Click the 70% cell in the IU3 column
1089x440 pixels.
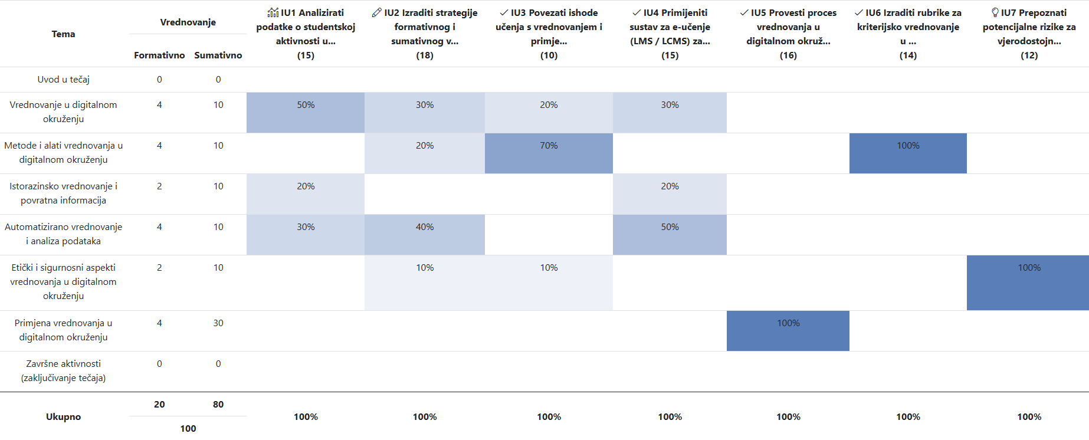[549, 153]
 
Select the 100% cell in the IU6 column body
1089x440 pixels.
[908, 153]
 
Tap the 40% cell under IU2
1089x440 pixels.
[425, 235]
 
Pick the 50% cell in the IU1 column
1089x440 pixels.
[306, 113]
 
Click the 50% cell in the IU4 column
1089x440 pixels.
[670, 235]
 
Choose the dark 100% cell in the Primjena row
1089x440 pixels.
[788, 331]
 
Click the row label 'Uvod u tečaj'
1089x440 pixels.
[64, 80]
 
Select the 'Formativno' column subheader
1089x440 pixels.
[159, 55]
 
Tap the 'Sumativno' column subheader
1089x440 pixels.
[218, 55]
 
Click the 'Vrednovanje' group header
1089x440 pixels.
[188, 22]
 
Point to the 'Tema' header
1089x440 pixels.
[64, 34]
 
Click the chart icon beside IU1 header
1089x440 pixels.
[273, 12]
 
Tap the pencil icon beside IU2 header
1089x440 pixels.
[377, 12]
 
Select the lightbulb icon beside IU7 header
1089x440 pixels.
[995, 12]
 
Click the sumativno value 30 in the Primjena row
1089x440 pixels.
[218, 323]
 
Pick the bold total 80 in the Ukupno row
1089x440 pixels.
[218, 405]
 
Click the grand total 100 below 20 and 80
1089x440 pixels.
[188, 429]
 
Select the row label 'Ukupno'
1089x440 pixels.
[64, 416]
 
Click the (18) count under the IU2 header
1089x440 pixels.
[425, 55]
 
